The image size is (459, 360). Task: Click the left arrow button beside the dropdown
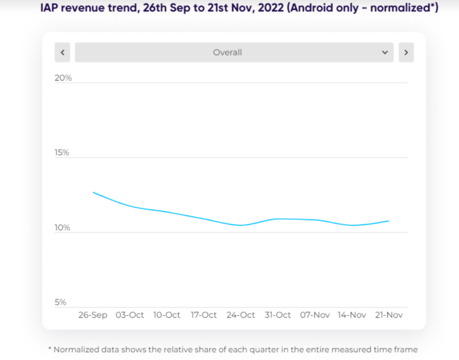62,53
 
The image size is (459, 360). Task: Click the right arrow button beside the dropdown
406,53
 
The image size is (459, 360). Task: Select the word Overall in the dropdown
227,53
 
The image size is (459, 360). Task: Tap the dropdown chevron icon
385,53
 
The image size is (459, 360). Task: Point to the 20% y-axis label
63,78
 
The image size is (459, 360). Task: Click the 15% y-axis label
62,153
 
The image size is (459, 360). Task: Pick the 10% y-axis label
62,228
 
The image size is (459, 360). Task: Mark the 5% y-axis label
61,302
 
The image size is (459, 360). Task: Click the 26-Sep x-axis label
93,315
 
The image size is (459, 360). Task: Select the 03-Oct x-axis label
130,315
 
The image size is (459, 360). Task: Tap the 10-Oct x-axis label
167,315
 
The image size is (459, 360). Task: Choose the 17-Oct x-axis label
203,315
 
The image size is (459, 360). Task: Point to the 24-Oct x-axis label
240,315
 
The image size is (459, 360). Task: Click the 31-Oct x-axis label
278,315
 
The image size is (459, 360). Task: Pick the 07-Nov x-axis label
315,315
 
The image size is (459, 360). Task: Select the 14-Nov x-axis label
352,315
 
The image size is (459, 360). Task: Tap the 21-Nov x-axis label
388,315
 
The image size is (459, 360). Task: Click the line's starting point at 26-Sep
93,192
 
